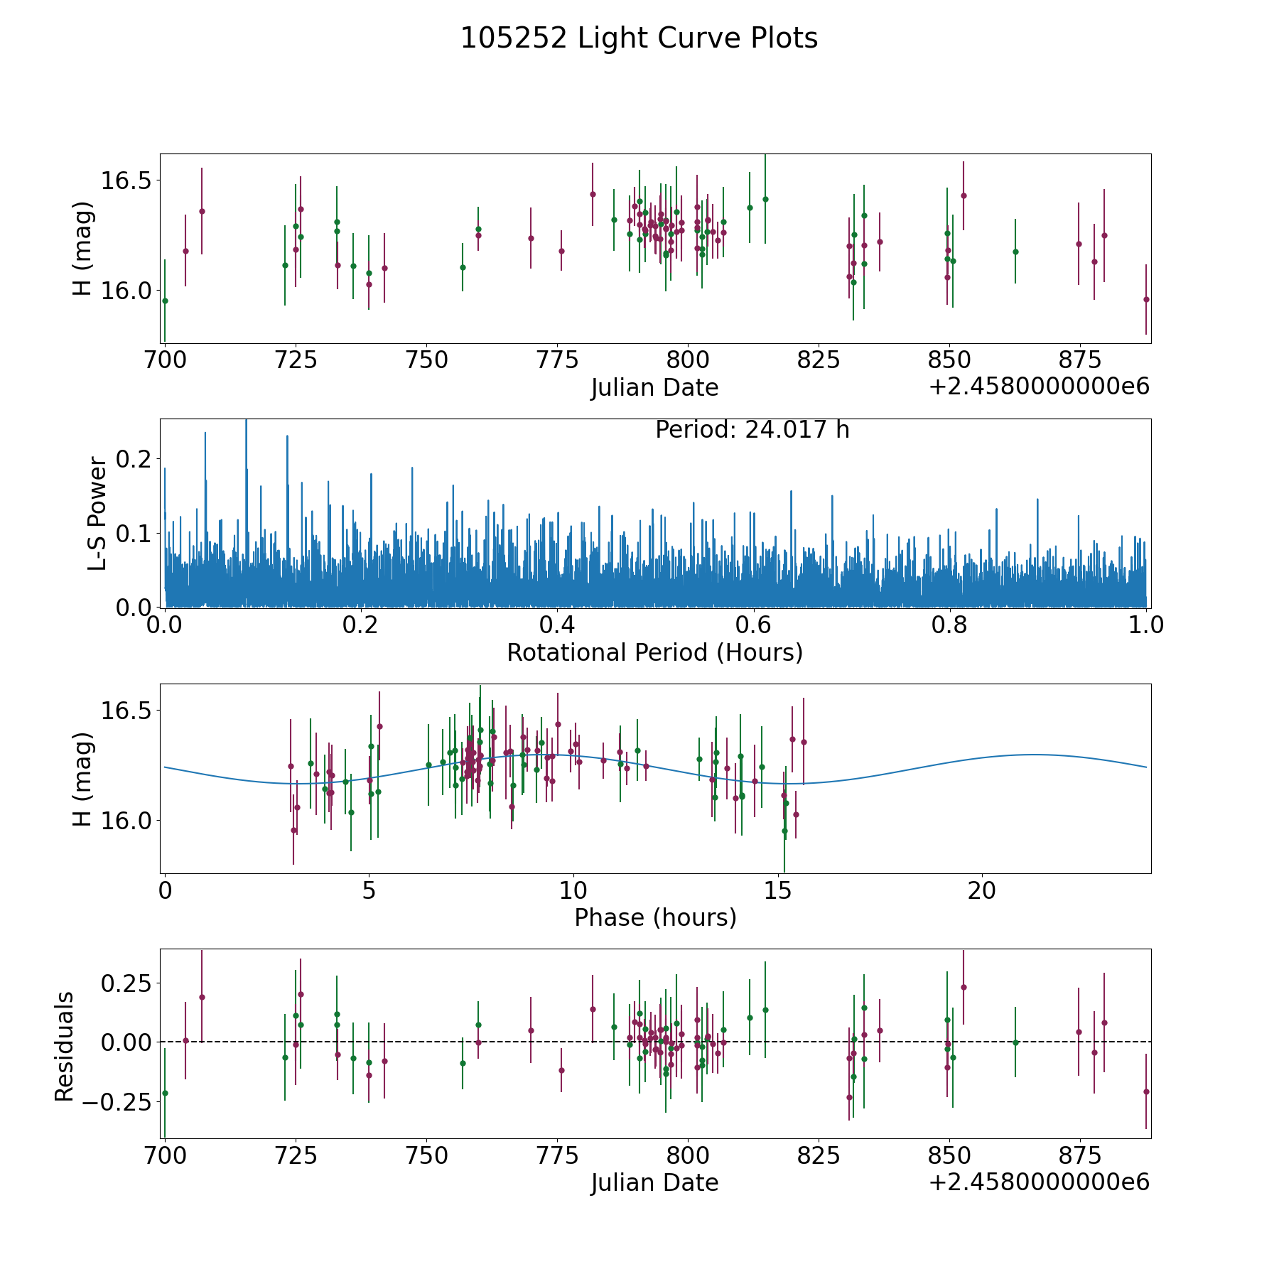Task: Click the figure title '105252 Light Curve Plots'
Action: pos(639,38)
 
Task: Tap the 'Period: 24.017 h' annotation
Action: pos(752,430)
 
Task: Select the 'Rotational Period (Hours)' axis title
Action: pos(654,652)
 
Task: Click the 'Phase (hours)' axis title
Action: pos(654,917)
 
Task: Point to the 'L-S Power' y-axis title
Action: pos(97,513)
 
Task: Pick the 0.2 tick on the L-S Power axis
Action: pos(134,459)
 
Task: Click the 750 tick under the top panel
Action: pos(426,361)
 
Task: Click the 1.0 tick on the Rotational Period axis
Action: pos(1145,626)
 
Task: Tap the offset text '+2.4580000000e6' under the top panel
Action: pos(1039,387)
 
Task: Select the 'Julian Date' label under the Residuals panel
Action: pos(654,1183)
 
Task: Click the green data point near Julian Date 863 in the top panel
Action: pos(1015,252)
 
